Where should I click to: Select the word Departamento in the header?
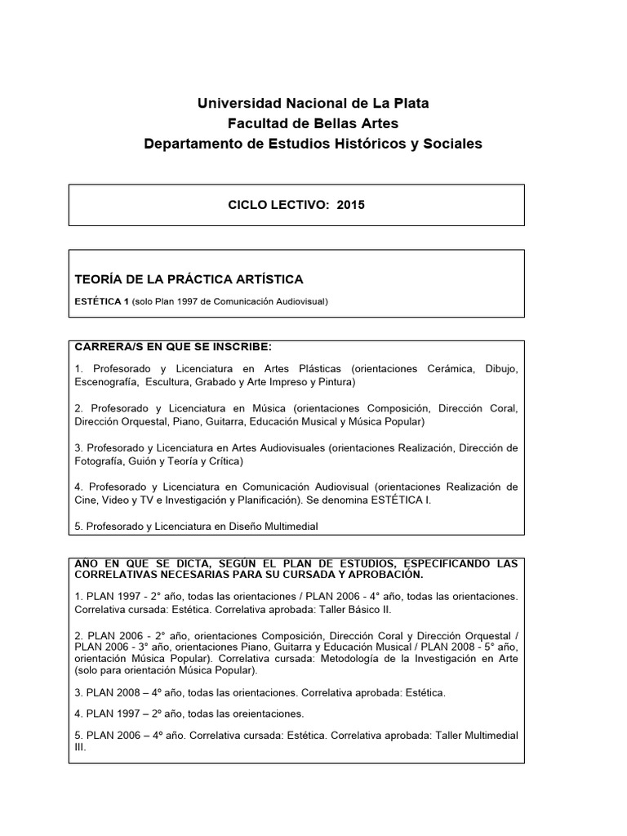[190, 144]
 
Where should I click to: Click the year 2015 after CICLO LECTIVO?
[351, 205]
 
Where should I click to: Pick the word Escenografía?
[104, 381]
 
